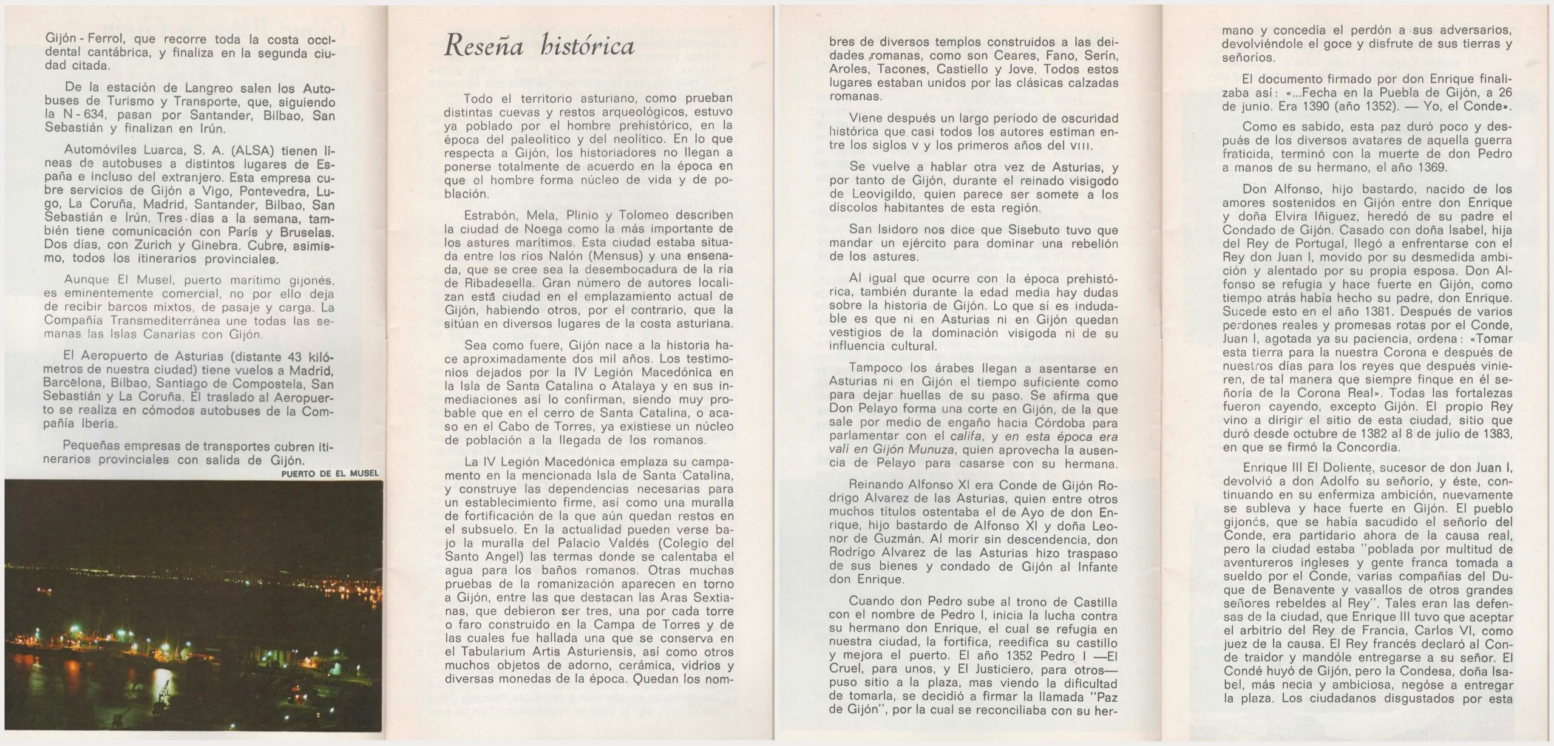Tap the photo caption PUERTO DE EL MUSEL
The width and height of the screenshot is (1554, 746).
(x=330, y=473)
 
